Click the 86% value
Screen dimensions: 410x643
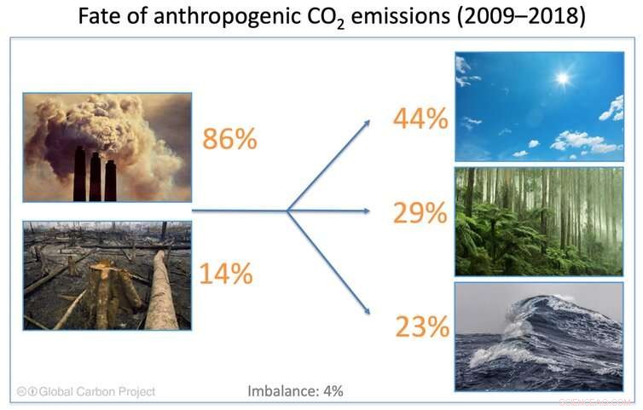(x=229, y=138)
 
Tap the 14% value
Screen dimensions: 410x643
(x=225, y=274)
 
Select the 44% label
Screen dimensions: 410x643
(x=420, y=119)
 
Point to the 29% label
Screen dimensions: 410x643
(x=420, y=213)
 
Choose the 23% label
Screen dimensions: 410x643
(x=421, y=326)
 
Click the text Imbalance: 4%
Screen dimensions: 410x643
(x=295, y=391)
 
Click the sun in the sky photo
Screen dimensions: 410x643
(x=562, y=79)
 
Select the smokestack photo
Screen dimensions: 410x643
(x=107, y=147)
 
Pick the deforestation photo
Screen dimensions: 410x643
(x=107, y=275)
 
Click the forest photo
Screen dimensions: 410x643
(x=539, y=222)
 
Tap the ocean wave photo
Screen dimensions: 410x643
(x=539, y=337)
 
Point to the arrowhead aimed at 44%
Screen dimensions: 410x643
(x=366, y=123)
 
